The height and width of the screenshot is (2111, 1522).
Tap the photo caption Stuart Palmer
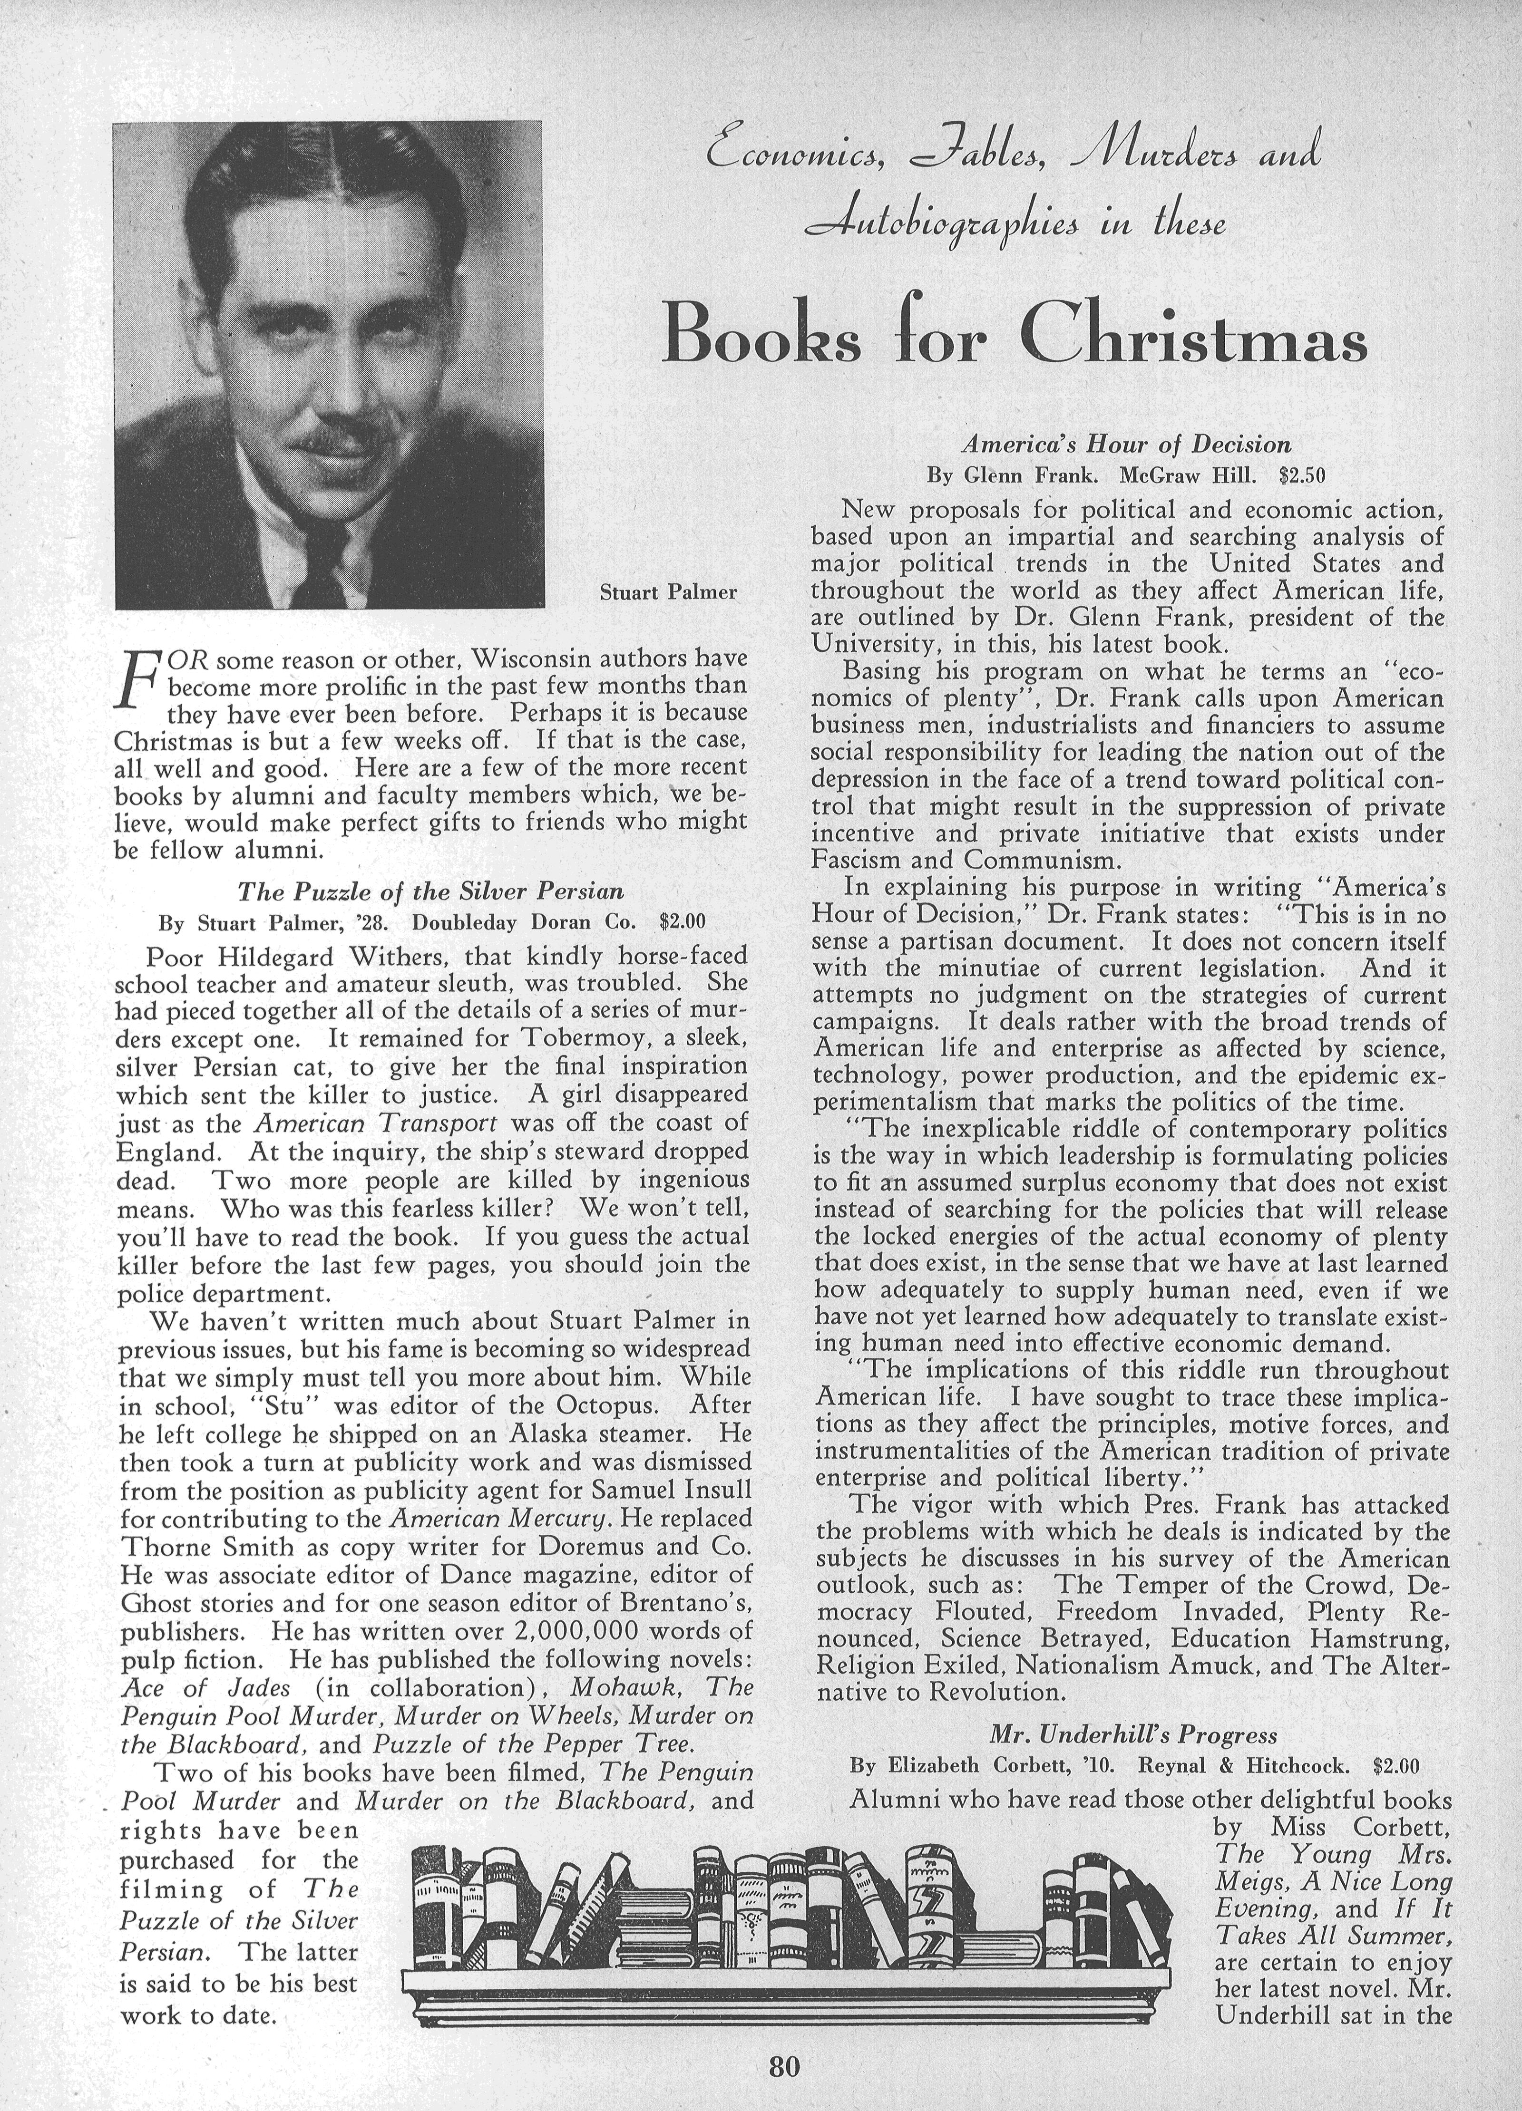[x=668, y=592]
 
